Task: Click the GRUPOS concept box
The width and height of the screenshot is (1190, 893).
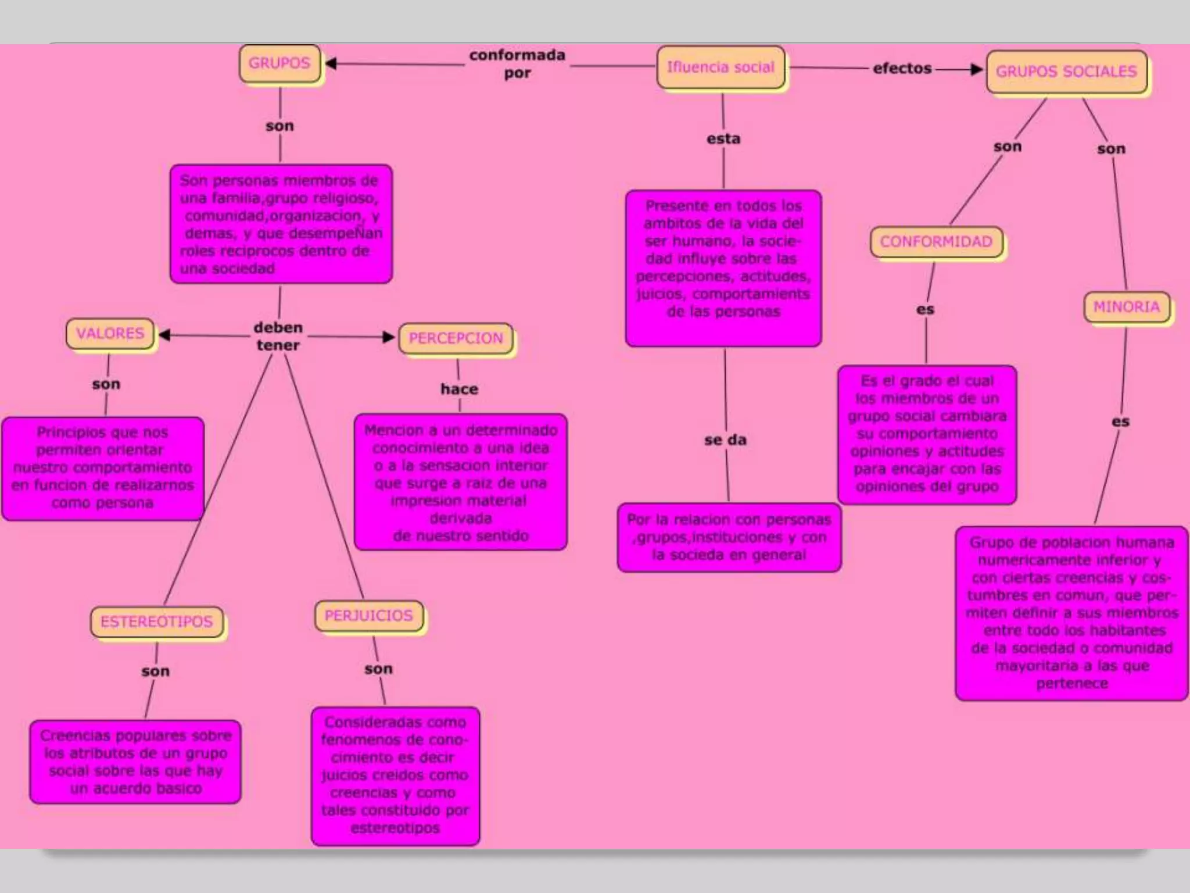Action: tap(279, 63)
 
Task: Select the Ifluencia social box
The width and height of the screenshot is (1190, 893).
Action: tap(721, 67)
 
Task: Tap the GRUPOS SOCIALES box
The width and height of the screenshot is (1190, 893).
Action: tap(1066, 72)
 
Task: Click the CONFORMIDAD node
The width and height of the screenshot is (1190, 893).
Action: tap(936, 242)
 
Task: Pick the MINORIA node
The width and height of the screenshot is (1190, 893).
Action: tap(1126, 307)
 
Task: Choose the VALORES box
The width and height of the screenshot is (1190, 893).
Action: tap(110, 334)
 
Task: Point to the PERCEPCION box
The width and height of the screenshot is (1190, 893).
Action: tap(456, 338)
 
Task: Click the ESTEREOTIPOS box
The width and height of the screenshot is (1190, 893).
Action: tap(157, 622)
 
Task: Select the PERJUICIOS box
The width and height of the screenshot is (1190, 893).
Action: tap(368, 616)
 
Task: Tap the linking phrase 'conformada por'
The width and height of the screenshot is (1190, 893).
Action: tap(517, 64)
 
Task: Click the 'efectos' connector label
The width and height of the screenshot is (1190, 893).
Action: tap(902, 69)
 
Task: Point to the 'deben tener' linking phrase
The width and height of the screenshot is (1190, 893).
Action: tap(278, 336)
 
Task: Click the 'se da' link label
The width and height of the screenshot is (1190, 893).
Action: tap(725, 440)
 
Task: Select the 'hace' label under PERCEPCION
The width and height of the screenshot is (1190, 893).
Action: tap(459, 389)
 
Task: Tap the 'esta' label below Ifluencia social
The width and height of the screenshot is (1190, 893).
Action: tap(723, 139)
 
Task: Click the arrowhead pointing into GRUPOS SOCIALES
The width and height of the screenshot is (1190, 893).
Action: tap(977, 70)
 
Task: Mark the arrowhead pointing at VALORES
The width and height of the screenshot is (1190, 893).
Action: tap(164, 335)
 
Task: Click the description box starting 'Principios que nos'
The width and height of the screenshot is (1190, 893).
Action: tap(103, 468)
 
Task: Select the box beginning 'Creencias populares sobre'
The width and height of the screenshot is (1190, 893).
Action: tap(135, 762)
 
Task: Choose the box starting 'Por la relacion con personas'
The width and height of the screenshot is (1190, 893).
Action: tap(729, 537)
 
